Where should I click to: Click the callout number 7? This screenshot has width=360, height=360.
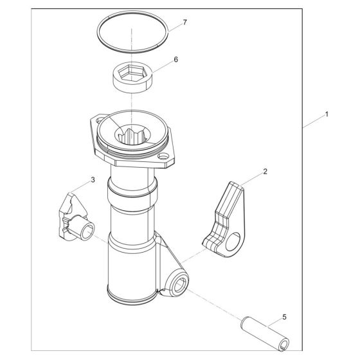pyautogui.click(x=184, y=22)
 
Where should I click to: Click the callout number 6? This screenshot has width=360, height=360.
pyautogui.click(x=175, y=59)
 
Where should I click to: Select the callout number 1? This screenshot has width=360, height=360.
pyautogui.click(x=327, y=114)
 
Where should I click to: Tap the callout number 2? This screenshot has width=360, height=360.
pyautogui.click(x=264, y=172)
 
